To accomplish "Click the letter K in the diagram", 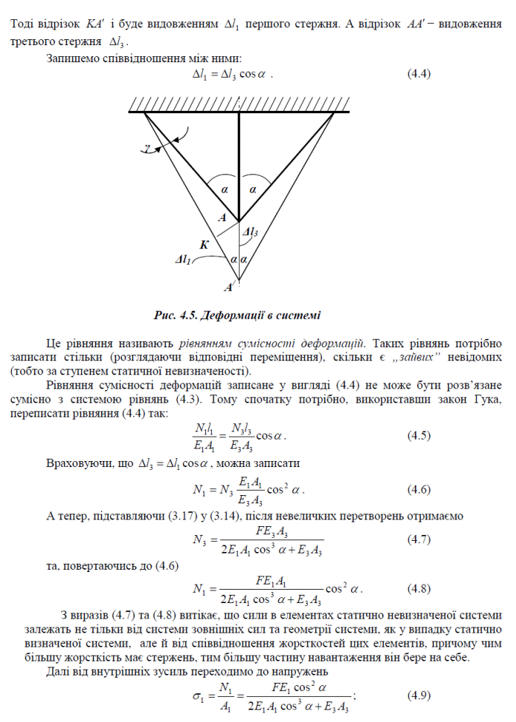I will click(204, 244).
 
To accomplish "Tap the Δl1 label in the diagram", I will click(184, 260).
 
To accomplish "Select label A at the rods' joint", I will click(222, 217).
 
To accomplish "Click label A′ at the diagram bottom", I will click(229, 286).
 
